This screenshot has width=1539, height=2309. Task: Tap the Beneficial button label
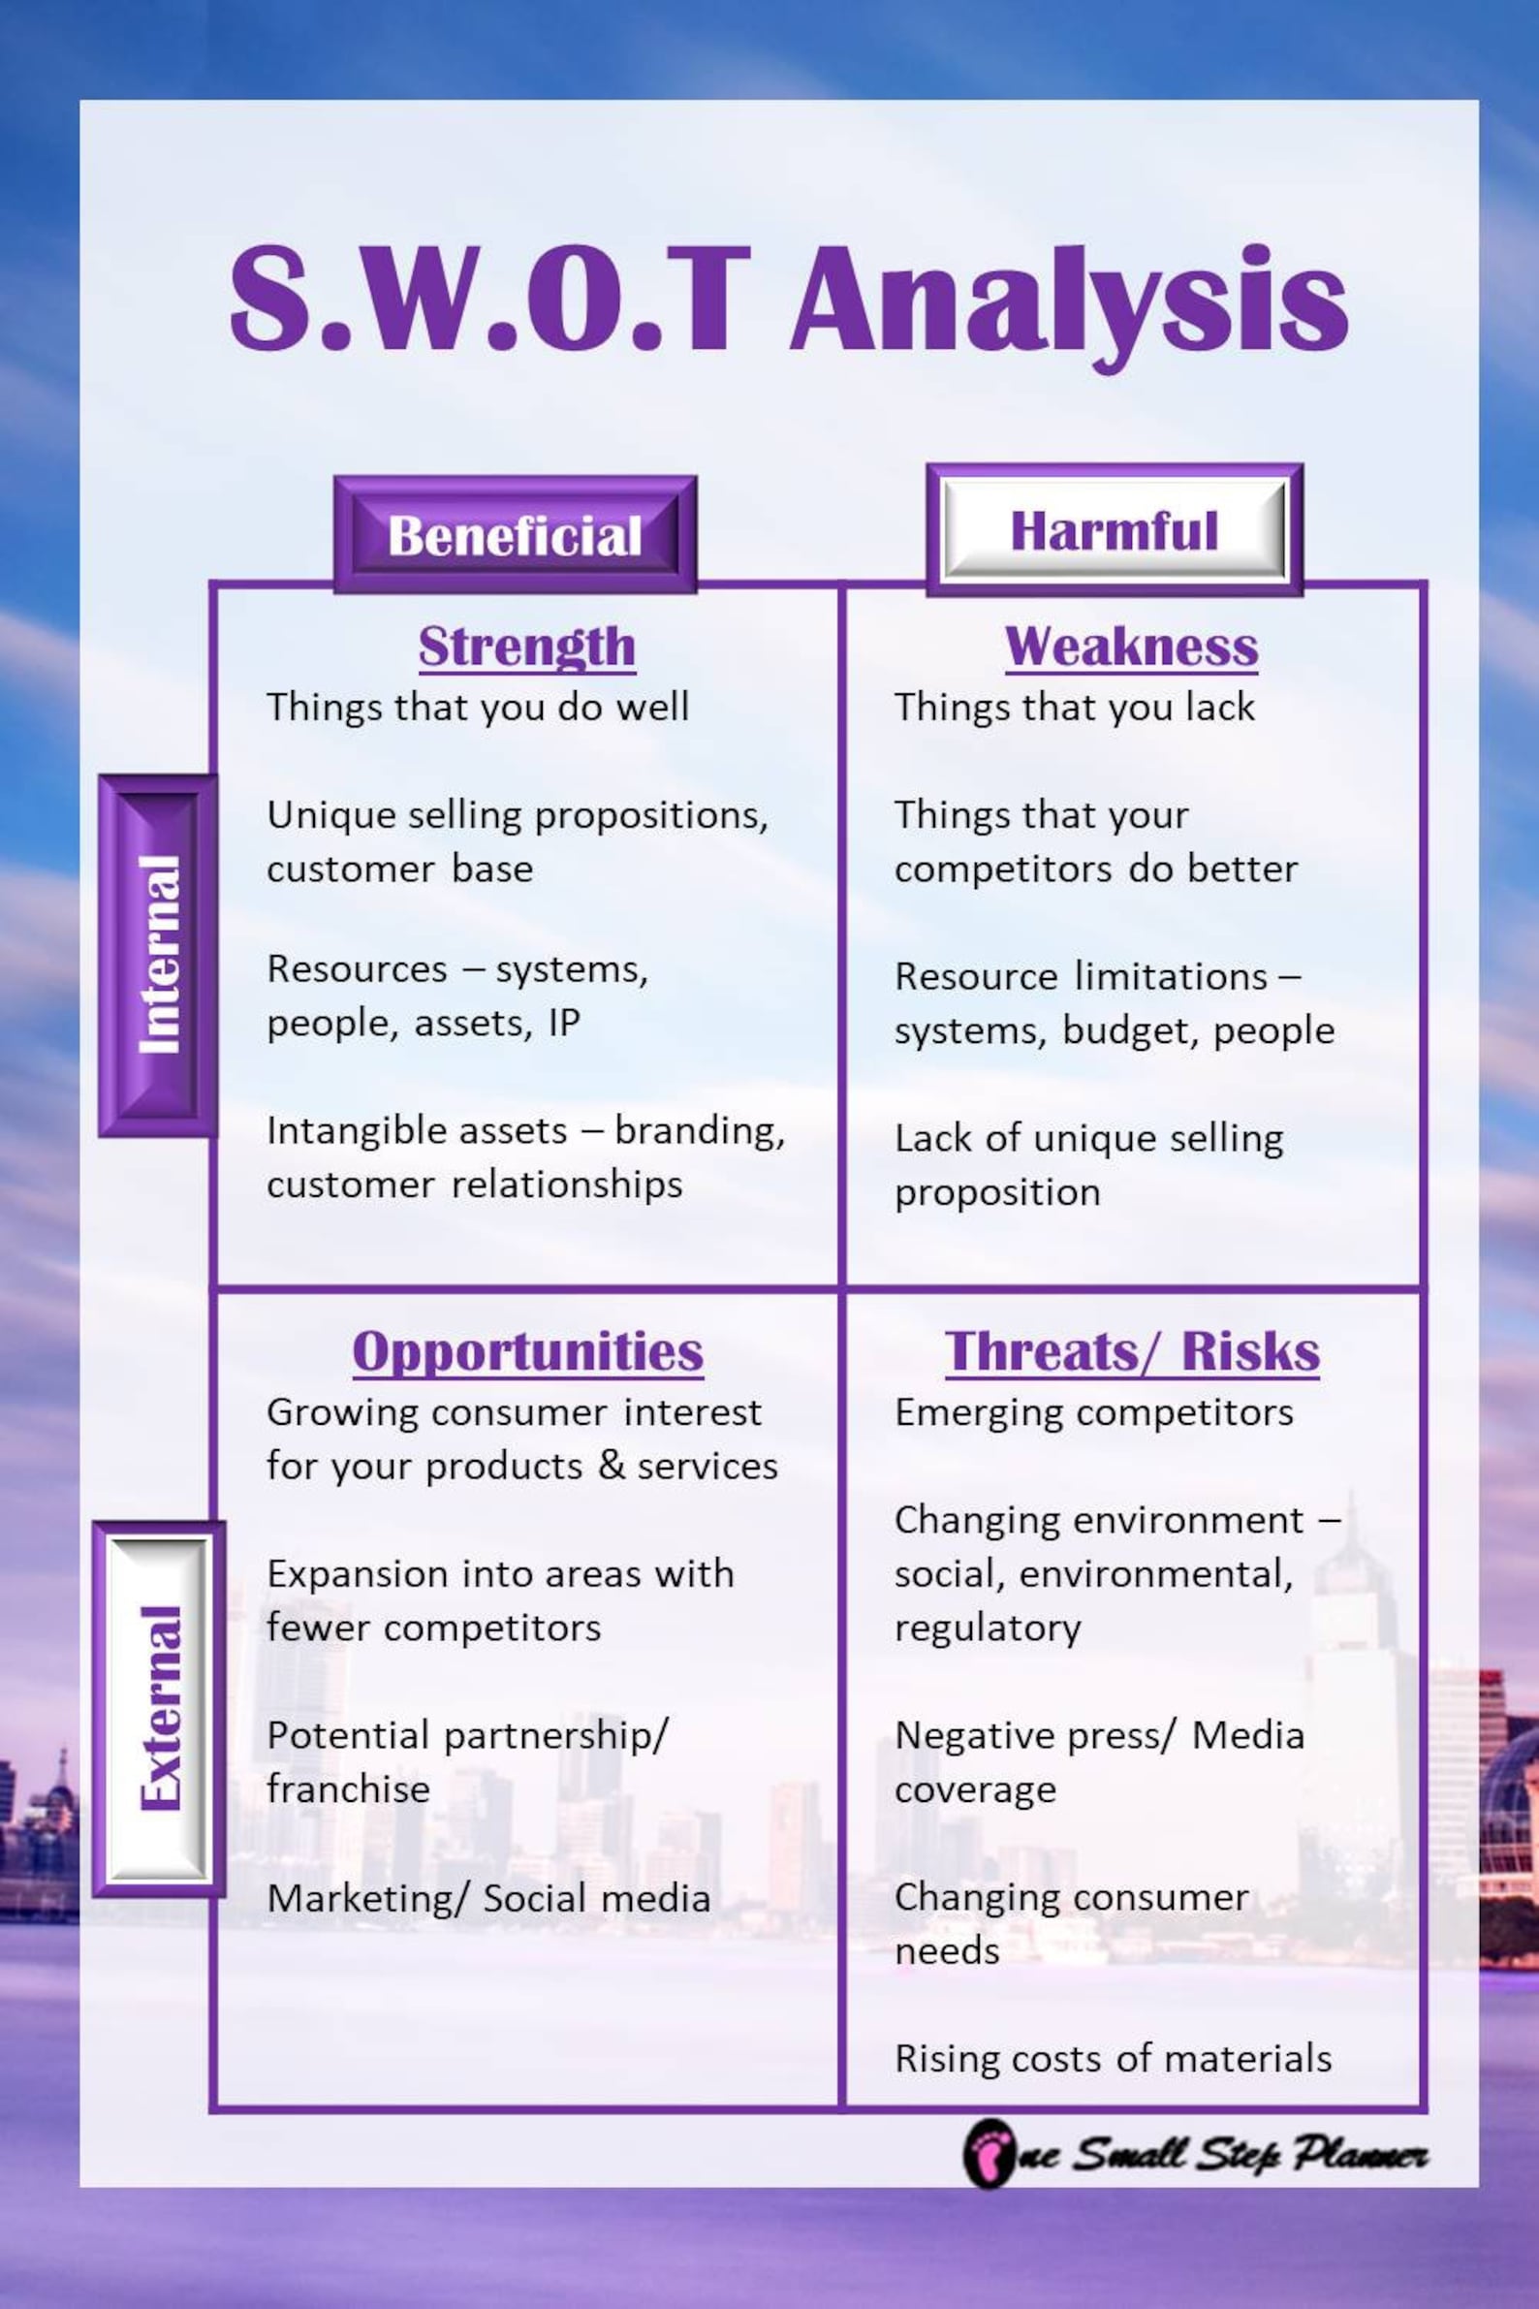pyautogui.click(x=515, y=536)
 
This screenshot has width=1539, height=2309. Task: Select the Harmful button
pyautogui.click(x=1114, y=531)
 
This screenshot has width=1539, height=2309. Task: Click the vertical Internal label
pyautogui.click(x=159, y=955)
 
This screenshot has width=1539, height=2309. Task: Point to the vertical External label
pyautogui.click(x=159, y=1708)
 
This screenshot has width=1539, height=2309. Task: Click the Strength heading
pyautogui.click(x=527, y=647)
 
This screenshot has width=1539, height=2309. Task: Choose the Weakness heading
pyautogui.click(x=1131, y=647)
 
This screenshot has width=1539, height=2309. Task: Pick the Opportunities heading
pyautogui.click(x=528, y=1352)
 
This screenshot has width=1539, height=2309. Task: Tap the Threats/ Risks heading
pyautogui.click(x=1132, y=1352)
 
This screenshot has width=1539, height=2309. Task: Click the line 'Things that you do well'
pyautogui.click(x=478, y=707)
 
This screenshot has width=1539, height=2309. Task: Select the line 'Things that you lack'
pyautogui.click(x=1074, y=707)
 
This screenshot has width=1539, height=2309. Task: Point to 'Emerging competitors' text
pyautogui.click(x=1093, y=1412)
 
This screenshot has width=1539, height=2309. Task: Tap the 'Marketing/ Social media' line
pyautogui.click(x=487, y=1898)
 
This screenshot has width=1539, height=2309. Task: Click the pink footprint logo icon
pyautogui.click(x=988, y=2154)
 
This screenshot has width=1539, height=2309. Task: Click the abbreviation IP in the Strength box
pyautogui.click(x=564, y=1023)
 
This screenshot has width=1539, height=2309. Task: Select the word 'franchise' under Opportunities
pyautogui.click(x=349, y=1788)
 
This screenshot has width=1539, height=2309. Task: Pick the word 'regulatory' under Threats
pyautogui.click(x=988, y=1628)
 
